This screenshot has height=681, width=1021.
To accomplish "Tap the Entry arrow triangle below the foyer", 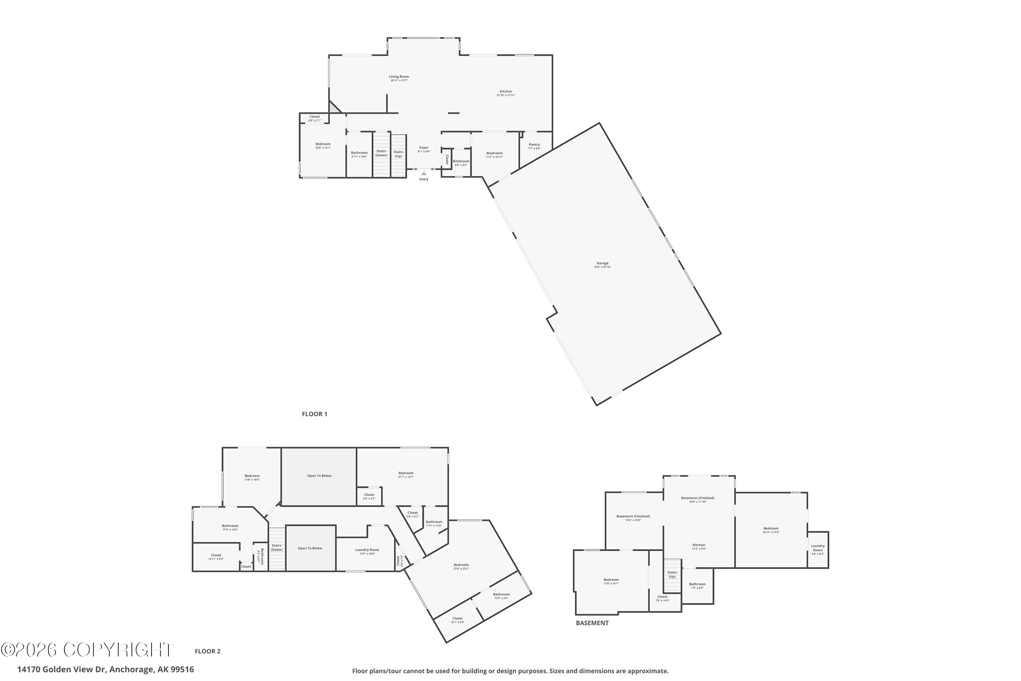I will coord(424,173).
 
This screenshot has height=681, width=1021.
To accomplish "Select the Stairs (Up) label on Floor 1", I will coord(398,154).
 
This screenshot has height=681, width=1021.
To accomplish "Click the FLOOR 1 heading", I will coord(314,414).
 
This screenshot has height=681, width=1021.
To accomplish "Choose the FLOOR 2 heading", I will coord(208,651).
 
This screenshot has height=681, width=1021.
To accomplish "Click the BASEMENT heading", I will coord(592,623).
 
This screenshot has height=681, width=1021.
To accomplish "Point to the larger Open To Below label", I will coord(319,476).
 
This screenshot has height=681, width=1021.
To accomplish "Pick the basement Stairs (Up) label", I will coord(671,574).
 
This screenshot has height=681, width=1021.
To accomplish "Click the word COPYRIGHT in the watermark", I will coord(117,650).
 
